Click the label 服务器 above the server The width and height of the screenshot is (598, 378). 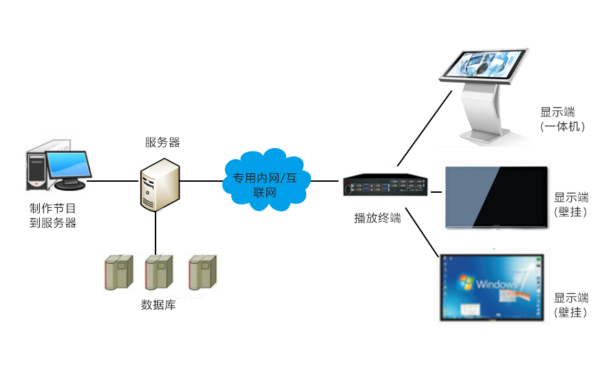click(162, 143)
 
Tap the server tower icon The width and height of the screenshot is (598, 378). click(160, 184)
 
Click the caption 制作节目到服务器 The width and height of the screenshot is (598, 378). click(52, 215)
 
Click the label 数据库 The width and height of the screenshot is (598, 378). click(158, 304)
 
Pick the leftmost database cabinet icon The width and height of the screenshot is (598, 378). click(118, 272)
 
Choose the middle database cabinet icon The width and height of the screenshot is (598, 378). click(159, 272)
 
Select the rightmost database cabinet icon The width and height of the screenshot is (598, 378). click(202, 272)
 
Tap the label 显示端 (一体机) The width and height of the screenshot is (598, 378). click(562, 119)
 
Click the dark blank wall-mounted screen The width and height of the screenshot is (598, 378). click(496, 197)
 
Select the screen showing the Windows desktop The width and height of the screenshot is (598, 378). click(492, 286)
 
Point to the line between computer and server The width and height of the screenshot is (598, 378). click(112, 182)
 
